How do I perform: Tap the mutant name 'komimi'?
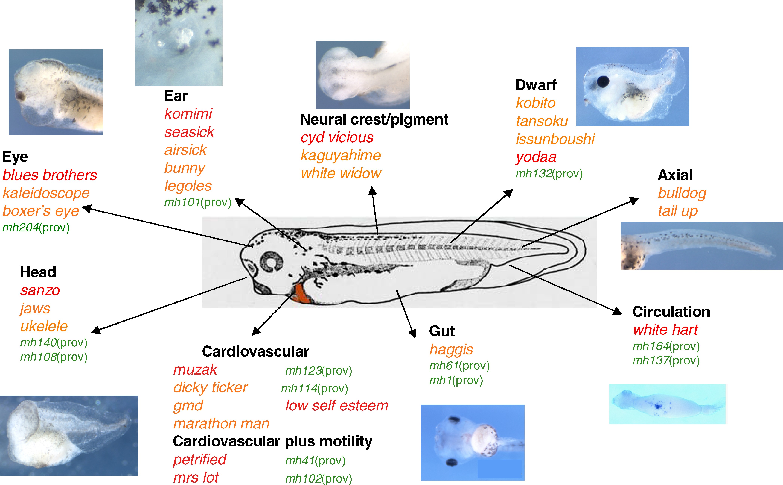188,114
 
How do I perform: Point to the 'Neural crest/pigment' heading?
374,120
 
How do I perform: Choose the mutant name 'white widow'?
341,174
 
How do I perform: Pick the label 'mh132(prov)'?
549,174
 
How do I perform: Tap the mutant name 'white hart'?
665,330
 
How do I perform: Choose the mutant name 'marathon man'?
221,424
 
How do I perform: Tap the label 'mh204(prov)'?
36,227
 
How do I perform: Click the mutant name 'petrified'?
200,460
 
